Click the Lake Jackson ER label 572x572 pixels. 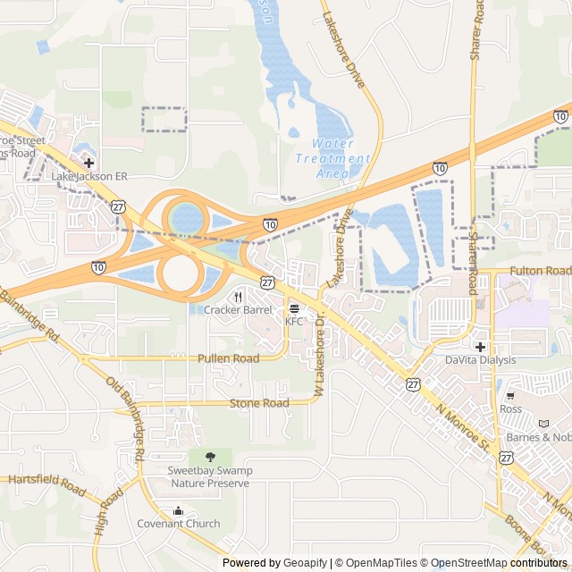(89, 177)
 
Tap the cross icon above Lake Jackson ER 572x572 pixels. (89, 163)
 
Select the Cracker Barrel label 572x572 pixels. (238, 310)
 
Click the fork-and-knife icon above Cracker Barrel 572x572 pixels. (238, 297)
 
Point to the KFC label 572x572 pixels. (294, 321)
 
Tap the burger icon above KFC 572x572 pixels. (294, 308)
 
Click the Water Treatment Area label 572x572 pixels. (332, 158)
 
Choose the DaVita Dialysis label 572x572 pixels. (481, 360)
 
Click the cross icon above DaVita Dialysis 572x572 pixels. (481, 347)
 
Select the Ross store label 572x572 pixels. (511, 408)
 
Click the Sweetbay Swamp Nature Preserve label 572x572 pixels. (210, 477)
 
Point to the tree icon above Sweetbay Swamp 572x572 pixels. (210, 458)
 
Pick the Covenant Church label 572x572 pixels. (178, 524)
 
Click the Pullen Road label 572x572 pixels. (228, 358)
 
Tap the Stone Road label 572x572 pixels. (259, 403)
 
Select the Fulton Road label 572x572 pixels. (540, 271)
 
